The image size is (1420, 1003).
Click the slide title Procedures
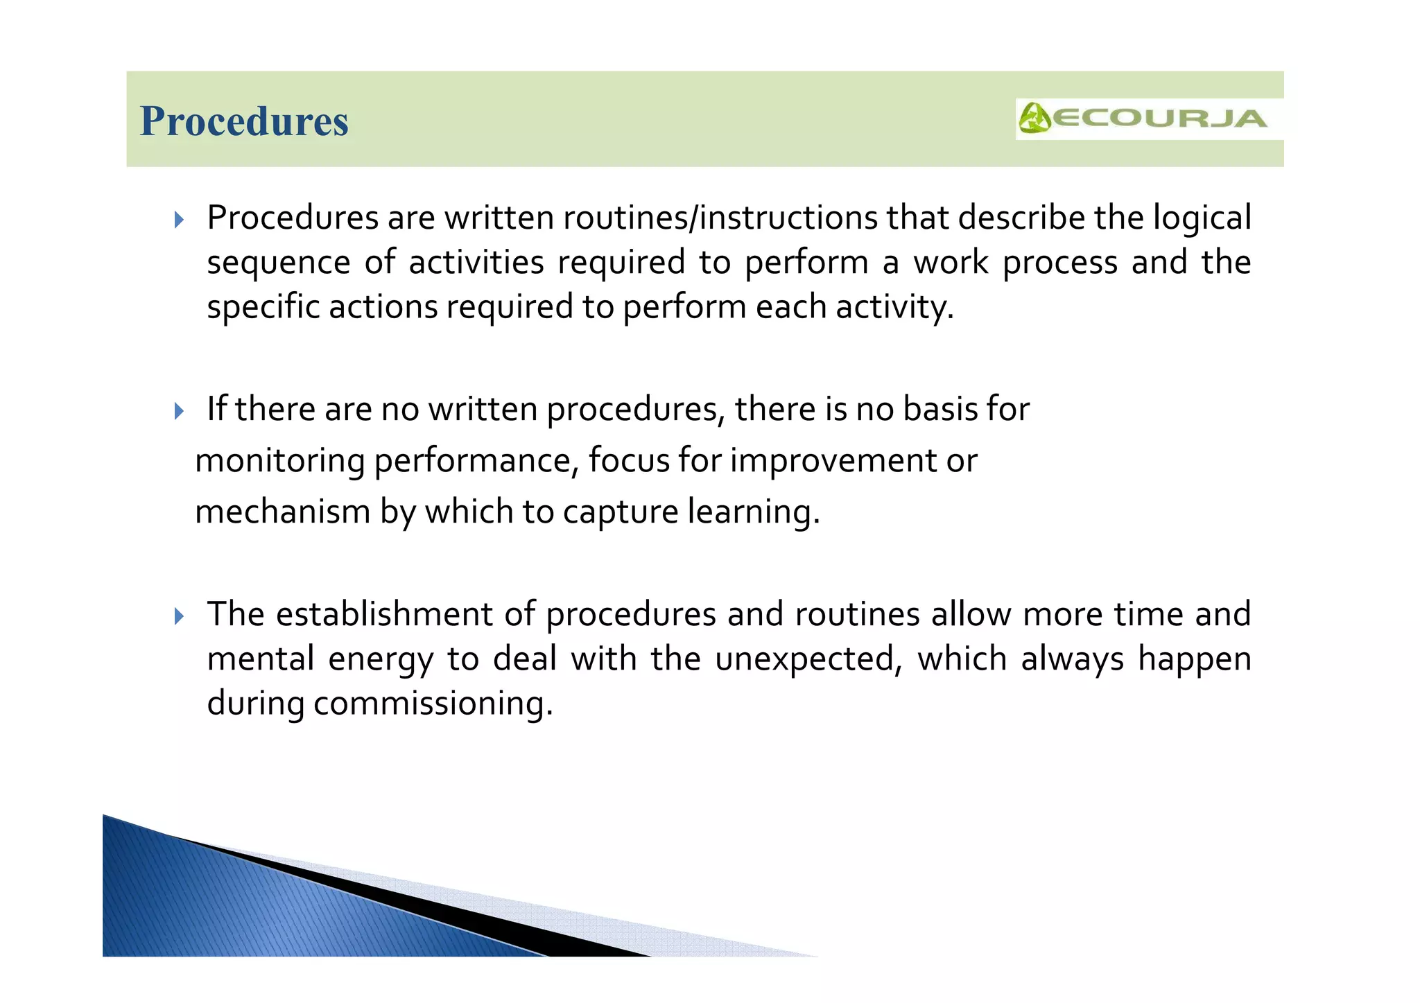[x=243, y=121]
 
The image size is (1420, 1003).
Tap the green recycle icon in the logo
[x=1034, y=119]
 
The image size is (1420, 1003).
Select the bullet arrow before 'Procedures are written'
[x=179, y=220]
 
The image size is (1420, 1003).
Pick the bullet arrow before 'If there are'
[x=179, y=411]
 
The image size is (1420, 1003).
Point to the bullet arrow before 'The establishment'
[x=179, y=616]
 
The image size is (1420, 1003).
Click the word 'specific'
[x=263, y=307]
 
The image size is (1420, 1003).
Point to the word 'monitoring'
[x=279, y=461]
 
